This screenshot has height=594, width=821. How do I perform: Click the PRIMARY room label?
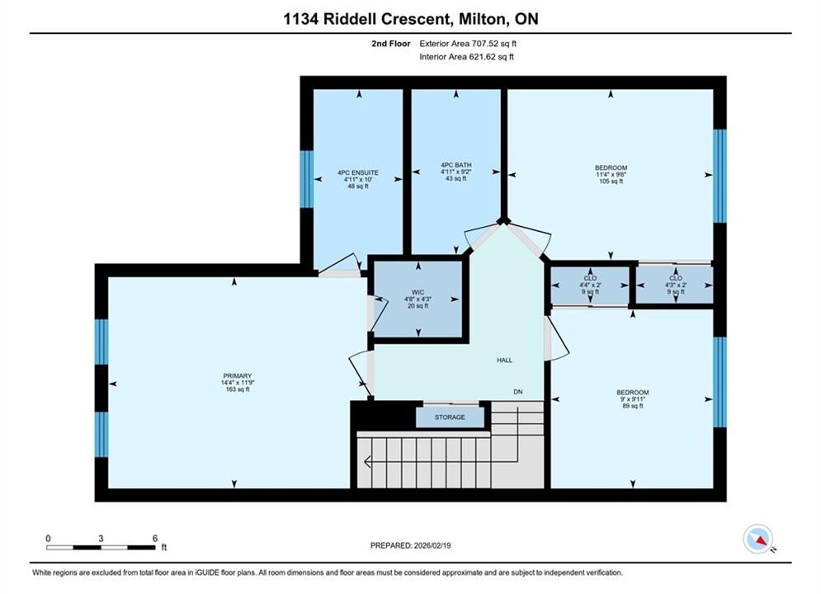tap(238, 375)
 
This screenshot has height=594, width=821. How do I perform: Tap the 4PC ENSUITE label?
tap(358, 172)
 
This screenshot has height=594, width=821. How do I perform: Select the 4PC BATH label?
tap(456, 165)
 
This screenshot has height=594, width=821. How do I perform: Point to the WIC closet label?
tap(418, 293)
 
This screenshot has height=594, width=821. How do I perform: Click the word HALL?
tap(505, 360)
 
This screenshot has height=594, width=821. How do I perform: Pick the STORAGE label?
tap(450, 417)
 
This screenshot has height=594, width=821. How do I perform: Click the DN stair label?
tap(518, 392)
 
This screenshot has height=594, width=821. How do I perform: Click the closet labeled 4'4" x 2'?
tap(590, 285)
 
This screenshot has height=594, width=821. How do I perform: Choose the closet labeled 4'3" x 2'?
tap(676, 285)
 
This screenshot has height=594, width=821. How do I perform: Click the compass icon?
tap(757, 539)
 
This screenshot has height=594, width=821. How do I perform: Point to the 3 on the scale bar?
tap(101, 538)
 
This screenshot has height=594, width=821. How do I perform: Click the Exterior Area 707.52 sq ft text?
tap(468, 44)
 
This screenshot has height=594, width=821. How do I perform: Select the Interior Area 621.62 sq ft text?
tap(466, 57)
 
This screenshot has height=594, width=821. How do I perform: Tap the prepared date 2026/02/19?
tap(432, 545)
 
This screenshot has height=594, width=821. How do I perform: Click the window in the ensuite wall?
tap(307, 179)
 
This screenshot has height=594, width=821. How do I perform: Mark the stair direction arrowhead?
tap(367, 462)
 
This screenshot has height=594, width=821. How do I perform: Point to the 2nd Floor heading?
tap(391, 44)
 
